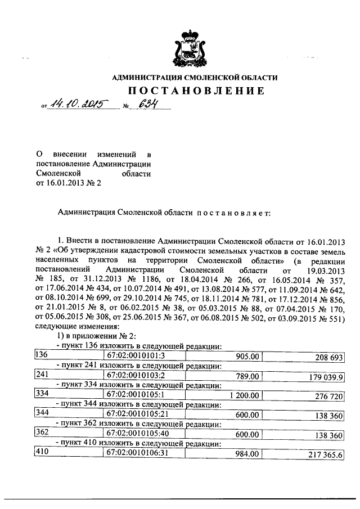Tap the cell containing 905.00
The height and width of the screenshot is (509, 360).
[248, 357]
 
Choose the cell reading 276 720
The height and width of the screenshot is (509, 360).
[325, 397]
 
